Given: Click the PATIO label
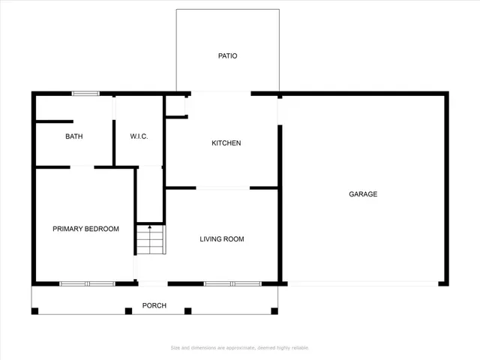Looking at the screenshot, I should [227, 55].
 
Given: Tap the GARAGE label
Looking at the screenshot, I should [363, 194].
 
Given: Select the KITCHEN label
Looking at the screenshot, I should [226, 143].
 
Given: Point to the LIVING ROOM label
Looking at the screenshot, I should [221, 239].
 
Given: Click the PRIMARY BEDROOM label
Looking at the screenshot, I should [85, 229].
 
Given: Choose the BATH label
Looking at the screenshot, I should [74, 136].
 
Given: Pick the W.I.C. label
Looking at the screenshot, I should [139, 136].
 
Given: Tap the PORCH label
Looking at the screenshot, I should [154, 305].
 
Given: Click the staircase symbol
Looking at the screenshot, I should [150, 241].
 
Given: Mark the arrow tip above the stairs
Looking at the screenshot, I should [150, 223].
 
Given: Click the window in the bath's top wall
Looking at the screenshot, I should [85, 93].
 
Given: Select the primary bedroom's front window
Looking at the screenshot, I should [87, 283].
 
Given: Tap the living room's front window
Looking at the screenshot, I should [232, 283].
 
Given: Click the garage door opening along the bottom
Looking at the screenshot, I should [363, 283].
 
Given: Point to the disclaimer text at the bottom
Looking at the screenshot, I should [240, 347].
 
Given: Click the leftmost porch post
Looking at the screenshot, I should [34, 310].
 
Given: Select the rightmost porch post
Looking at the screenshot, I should [274, 310].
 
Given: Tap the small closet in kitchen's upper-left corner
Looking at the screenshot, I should [175, 106].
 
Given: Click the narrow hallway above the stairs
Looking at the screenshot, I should [150, 193].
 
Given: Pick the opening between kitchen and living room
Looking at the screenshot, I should [223, 187].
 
